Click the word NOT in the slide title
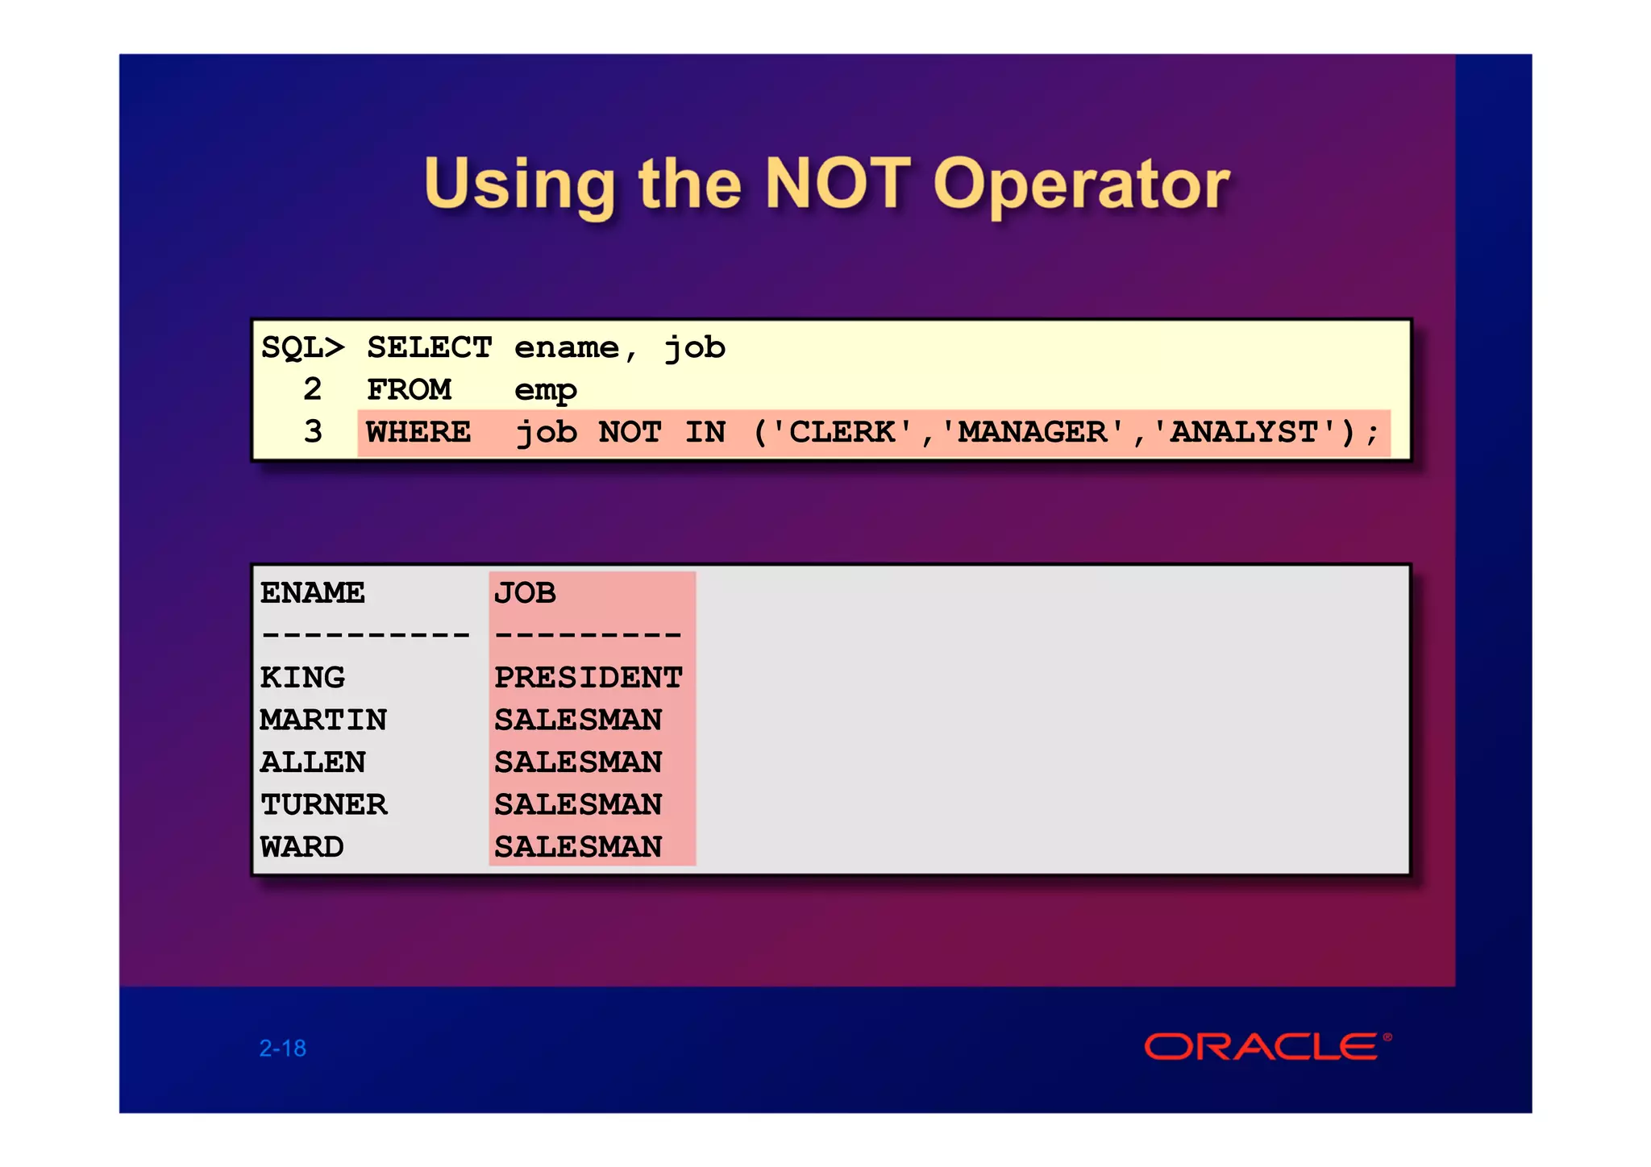tap(838, 184)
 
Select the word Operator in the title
tap(1081, 185)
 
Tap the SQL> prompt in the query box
tap(302, 348)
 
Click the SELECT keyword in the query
tap(429, 348)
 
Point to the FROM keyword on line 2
tap(409, 390)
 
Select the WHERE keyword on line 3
tap(418, 433)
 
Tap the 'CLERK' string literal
tap(842, 433)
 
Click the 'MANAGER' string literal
tap(1032, 433)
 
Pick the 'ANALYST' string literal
tap(1244, 433)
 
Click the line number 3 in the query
tap(313, 433)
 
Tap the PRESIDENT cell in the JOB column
tap(588, 678)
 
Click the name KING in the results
tap(302, 678)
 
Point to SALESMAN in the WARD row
tap(578, 847)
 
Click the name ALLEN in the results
tap(313, 762)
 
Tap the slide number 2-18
tap(282, 1049)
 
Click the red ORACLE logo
tap(1262, 1047)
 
